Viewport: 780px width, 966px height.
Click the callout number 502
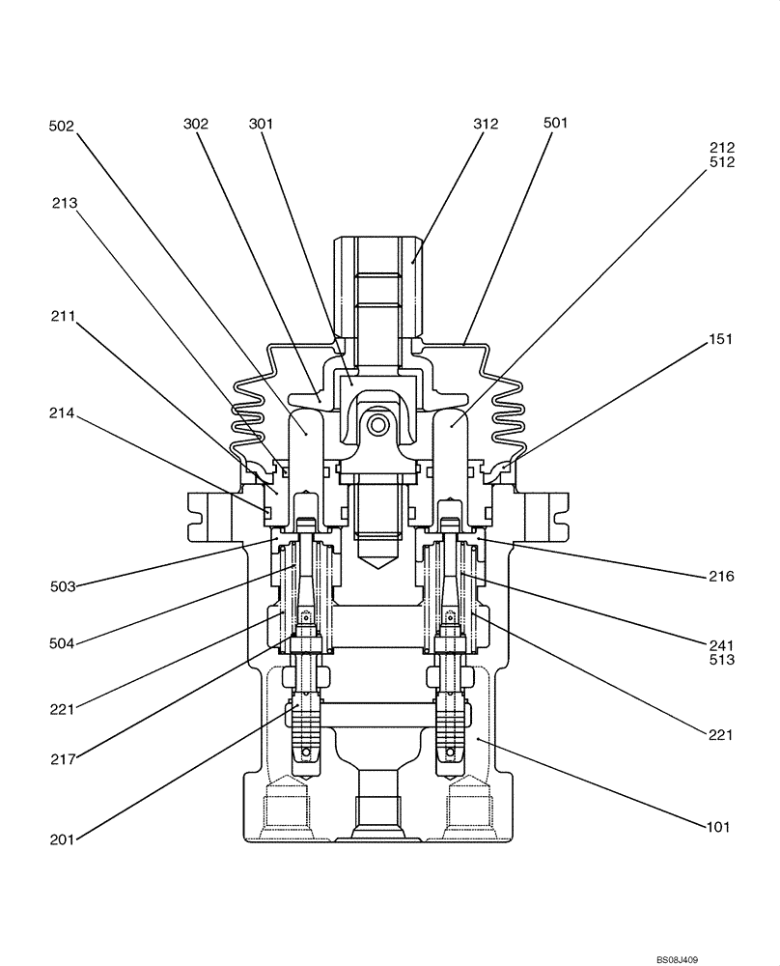(62, 125)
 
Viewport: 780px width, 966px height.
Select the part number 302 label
(196, 124)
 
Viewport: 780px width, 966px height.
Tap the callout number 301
(261, 124)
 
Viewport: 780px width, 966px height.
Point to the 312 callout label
(487, 124)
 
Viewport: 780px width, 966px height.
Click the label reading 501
(556, 123)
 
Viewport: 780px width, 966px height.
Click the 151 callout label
(720, 339)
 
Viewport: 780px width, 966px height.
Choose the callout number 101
(716, 827)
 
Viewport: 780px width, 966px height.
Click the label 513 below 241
(720, 661)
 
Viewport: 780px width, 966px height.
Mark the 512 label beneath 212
(721, 162)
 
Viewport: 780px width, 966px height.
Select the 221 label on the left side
(64, 709)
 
